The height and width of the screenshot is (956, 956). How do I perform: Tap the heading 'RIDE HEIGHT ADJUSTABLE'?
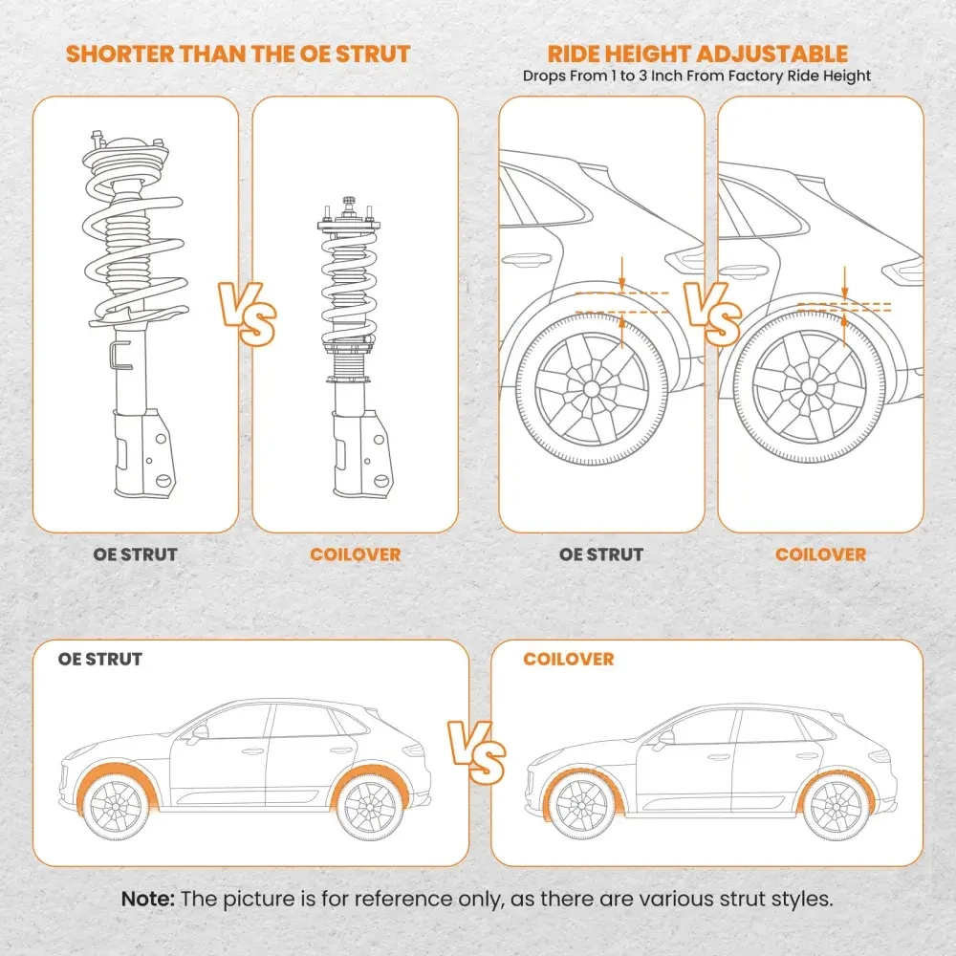click(x=697, y=54)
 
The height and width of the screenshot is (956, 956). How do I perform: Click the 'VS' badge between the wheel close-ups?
click(x=711, y=314)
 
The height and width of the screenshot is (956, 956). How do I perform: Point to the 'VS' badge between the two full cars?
click(x=478, y=752)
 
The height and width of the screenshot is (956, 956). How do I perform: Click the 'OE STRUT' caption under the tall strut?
click(x=135, y=554)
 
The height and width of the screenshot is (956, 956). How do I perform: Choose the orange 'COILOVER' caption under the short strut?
click(x=355, y=554)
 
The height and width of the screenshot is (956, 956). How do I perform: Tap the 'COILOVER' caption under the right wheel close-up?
click(x=820, y=554)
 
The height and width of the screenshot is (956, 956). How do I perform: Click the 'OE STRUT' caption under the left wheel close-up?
click(x=601, y=554)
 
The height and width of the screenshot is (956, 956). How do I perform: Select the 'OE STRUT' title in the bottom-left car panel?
click(x=100, y=660)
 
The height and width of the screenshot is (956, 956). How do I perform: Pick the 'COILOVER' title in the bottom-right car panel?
click(x=569, y=660)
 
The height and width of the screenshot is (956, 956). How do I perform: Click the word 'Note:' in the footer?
click(x=148, y=900)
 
